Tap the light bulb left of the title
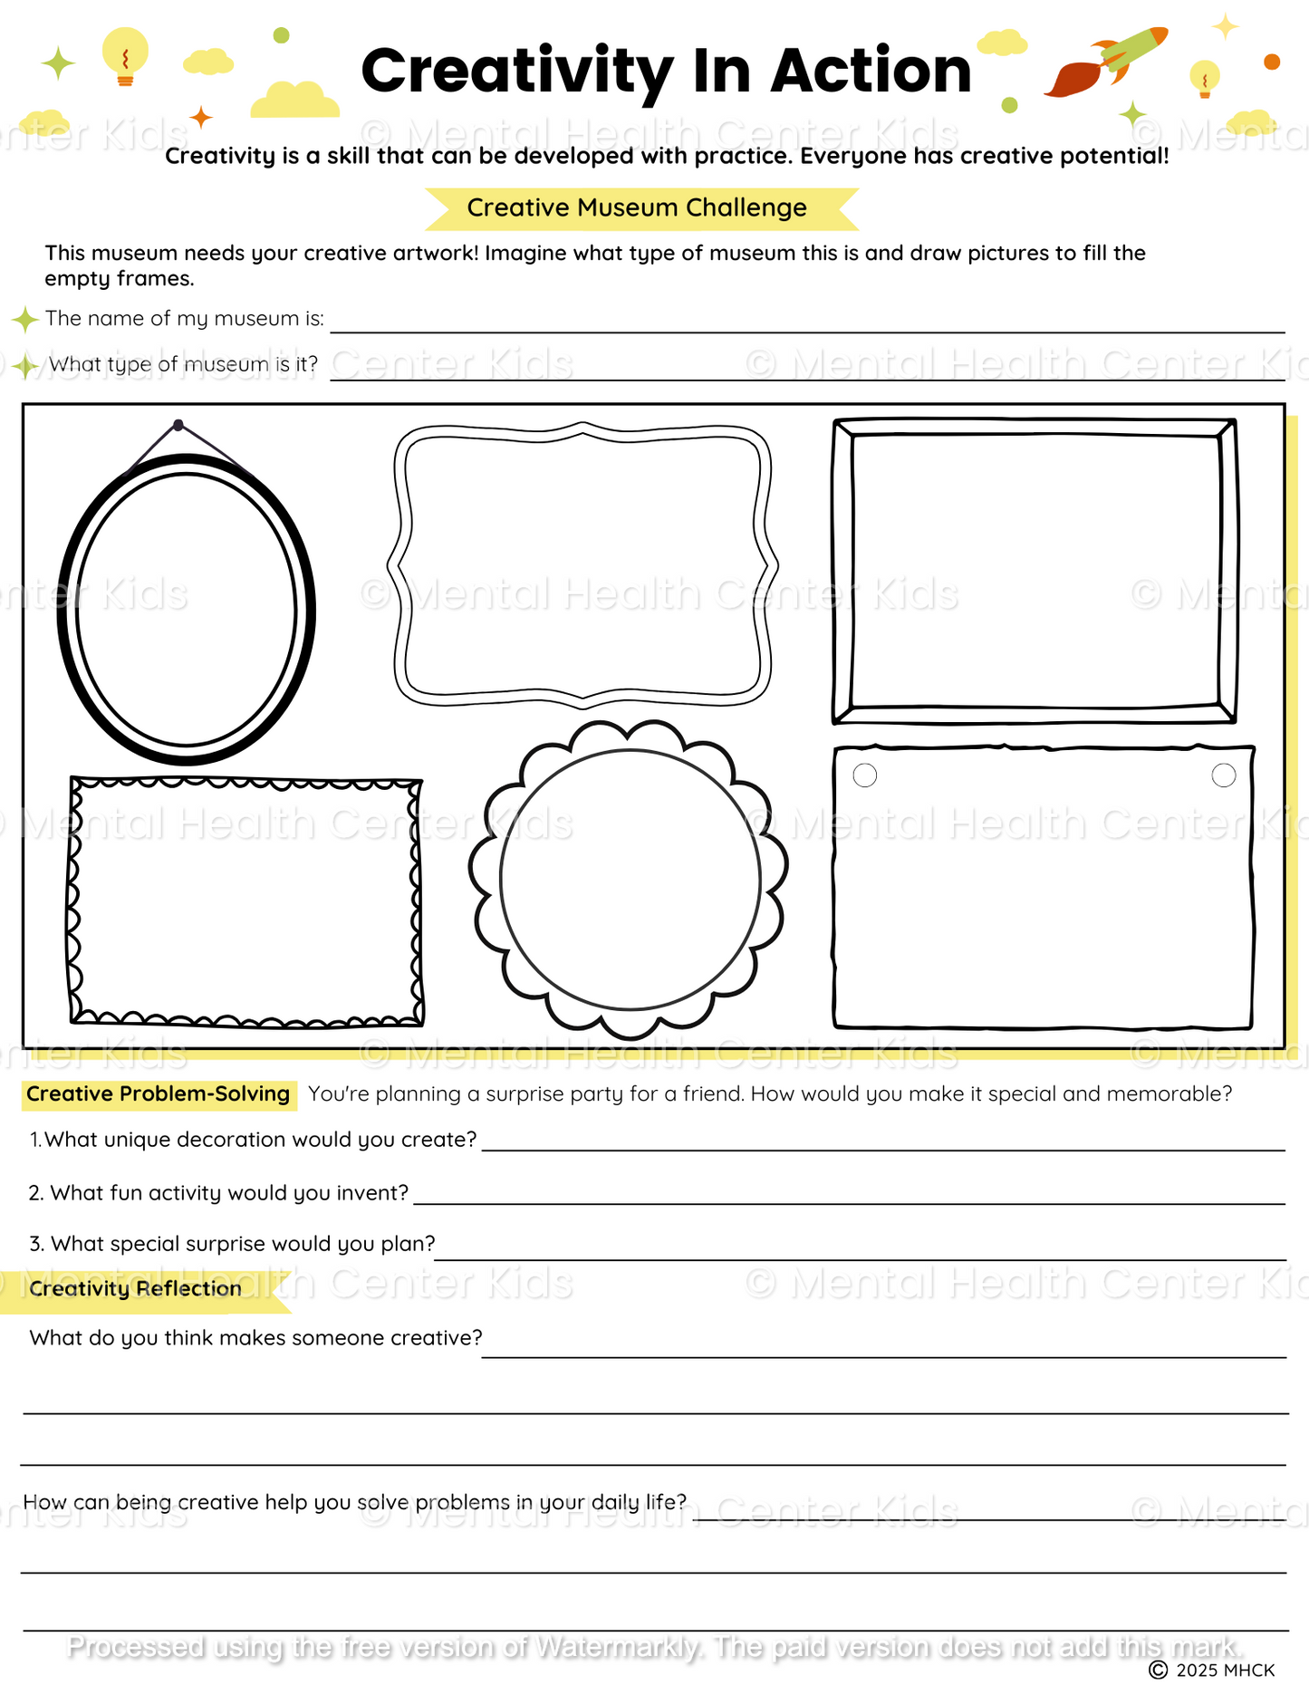(125, 55)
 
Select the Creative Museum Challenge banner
(637, 208)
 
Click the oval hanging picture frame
(186, 609)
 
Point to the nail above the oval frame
(178, 425)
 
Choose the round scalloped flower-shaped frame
(629, 879)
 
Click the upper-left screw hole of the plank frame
(865, 775)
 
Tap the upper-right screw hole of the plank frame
(1223, 775)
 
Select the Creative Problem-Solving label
(159, 1094)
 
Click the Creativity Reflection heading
(136, 1289)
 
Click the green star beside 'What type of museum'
(25, 366)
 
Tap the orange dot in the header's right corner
(1272, 62)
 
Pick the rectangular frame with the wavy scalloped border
(245, 901)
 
